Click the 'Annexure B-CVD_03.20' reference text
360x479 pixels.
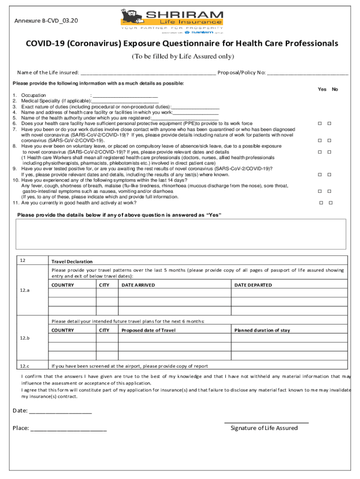click(46, 21)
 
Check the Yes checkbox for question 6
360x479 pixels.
click(320, 123)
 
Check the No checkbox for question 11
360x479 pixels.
click(331, 203)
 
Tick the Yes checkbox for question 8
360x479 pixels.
click(320, 152)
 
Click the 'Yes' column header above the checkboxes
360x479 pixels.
click(322, 89)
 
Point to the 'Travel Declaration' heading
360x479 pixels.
click(72, 261)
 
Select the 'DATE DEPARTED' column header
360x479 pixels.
click(253, 285)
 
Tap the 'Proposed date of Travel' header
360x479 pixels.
click(148, 330)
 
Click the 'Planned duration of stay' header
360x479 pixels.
click(262, 330)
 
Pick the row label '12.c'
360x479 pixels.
click(25, 366)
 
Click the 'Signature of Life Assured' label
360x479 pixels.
click(264, 428)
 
